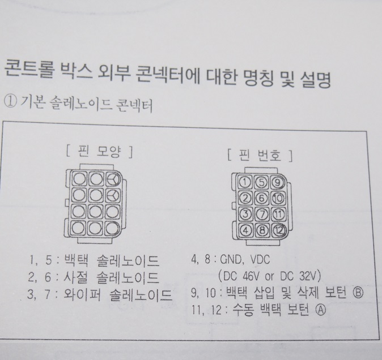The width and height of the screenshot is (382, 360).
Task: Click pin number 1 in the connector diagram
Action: (245, 182)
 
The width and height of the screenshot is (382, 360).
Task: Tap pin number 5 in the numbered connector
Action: (261, 182)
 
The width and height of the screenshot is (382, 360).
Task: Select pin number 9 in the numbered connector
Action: (277, 182)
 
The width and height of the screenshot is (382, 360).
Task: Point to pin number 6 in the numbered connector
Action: (262, 198)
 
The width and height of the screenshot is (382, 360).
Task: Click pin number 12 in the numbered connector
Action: (278, 230)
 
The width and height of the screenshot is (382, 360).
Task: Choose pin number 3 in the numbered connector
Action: (245, 214)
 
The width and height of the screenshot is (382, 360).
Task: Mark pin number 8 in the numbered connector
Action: (262, 230)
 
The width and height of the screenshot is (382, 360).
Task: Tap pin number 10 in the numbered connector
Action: (278, 199)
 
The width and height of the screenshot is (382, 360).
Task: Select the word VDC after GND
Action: (260, 260)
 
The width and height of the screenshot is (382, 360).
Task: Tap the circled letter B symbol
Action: (358, 293)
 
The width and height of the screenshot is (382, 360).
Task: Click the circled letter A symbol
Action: (321, 310)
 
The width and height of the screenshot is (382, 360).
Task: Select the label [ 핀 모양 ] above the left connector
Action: (99, 152)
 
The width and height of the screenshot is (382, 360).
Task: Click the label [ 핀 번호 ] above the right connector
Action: (260, 155)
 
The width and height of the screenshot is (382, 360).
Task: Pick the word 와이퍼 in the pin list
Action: (82, 294)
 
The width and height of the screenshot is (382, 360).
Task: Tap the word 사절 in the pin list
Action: (75, 277)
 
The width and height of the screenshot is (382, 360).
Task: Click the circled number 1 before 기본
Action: (11, 102)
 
